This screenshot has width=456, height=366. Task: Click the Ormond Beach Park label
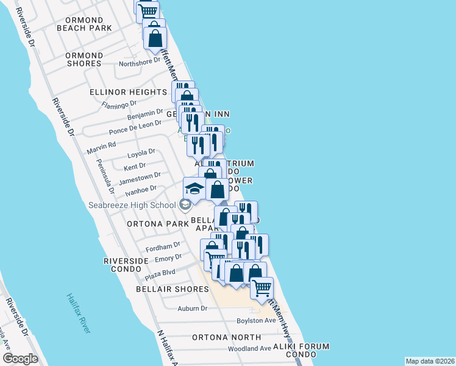[84, 24]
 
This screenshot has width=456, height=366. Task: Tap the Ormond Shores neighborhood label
[84, 59]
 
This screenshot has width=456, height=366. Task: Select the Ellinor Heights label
[128, 92]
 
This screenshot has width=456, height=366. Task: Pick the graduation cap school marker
[194, 188]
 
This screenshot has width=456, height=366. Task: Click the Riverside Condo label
[126, 265]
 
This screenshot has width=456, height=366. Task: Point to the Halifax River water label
[79, 313]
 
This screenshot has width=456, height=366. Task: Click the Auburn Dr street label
[193, 309]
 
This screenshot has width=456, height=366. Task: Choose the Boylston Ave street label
[257, 320]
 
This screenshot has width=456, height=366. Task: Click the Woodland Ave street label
[249, 348]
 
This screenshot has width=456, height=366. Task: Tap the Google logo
[20, 358]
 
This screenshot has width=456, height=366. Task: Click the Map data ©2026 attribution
[430, 361]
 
